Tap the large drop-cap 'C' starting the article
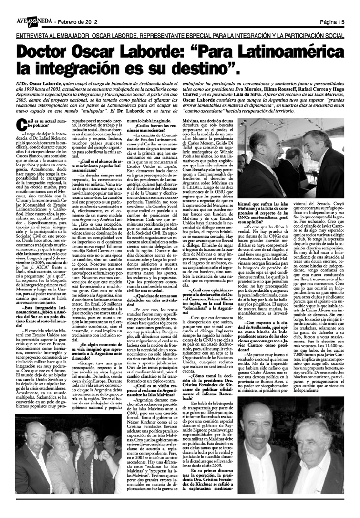(21, 125)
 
